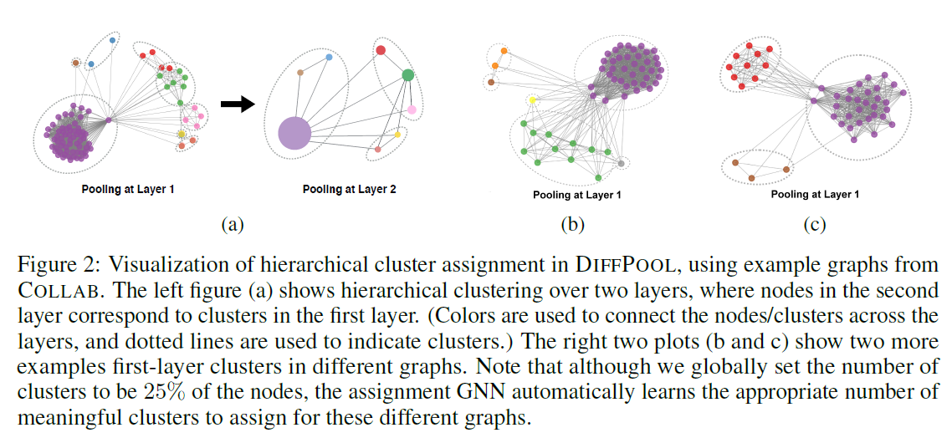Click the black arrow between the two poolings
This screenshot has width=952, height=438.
click(x=237, y=104)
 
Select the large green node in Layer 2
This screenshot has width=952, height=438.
click(x=407, y=75)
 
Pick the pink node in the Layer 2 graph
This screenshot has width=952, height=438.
click(x=412, y=110)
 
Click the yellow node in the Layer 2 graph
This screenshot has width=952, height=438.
click(x=397, y=134)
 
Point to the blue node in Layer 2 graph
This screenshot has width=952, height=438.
click(x=329, y=57)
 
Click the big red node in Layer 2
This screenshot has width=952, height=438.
click(x=381, y=50)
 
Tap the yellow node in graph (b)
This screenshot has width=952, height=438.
click(x=532, y=100)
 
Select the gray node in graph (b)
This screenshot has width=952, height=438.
click(x=622, y=163)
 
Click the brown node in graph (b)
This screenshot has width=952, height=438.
click(x=491, y=82)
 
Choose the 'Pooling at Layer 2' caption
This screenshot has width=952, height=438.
click(x=349, y=190)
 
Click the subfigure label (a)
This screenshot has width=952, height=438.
click(x=232, y=224)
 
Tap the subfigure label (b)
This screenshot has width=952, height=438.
click(x=573, y=224)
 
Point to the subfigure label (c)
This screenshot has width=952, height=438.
click(x=813, y=224)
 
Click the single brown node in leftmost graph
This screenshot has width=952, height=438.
click(x=75, y=63)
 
